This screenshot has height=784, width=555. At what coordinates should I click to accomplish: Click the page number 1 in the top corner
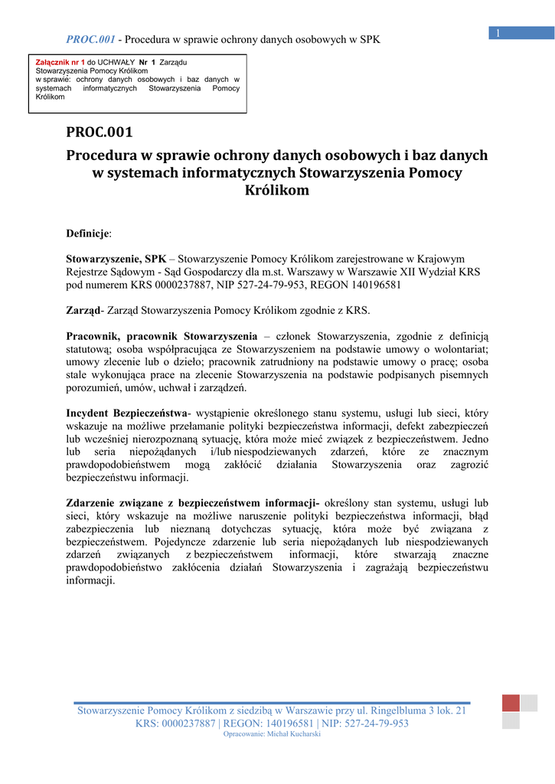(498, 32)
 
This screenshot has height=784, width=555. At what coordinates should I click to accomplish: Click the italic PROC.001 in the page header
(90, 39)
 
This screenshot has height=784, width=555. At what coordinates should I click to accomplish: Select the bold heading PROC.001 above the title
(100, 132)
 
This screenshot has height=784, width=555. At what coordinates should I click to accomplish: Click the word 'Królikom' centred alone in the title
(277, 190)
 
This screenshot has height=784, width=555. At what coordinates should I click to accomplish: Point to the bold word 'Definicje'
(88, 233)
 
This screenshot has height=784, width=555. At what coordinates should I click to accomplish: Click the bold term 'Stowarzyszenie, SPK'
(116, 259)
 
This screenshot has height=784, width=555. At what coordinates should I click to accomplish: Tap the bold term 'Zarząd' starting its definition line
(83, 310)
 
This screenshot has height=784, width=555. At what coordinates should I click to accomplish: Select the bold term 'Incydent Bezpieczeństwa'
(126, 413)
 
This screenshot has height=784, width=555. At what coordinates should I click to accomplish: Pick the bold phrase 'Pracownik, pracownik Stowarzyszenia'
(162, 336)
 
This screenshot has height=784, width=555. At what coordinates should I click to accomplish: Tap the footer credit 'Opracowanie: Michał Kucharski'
(272, 734)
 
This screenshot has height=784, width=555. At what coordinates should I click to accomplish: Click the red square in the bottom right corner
(511, 703)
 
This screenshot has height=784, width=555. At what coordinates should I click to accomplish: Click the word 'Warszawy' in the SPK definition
(310, 272)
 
